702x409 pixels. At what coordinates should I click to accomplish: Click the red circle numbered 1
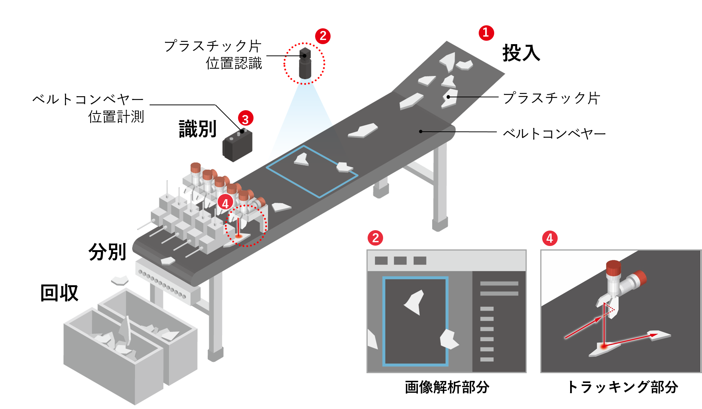click(486, 33)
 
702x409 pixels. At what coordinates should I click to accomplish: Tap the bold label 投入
click(521, 53)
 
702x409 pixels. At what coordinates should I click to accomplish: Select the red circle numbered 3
click(246, 118)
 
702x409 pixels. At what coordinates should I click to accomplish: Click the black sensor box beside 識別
click(237, 146)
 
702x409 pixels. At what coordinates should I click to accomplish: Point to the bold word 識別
click(198, 129)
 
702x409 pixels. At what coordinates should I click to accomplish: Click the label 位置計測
click(116, 117)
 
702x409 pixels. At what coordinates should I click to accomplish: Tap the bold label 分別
click(107, 252)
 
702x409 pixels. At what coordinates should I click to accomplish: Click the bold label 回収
click(59, 293)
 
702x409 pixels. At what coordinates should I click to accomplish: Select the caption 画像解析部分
click(447, 387)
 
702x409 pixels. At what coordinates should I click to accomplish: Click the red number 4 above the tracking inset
click(550, 238)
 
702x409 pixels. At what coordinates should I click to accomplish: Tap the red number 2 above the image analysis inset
click(375, 238)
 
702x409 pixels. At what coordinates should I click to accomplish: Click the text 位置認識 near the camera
click(234, 63)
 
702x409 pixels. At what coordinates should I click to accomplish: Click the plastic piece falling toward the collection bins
click(120, 281)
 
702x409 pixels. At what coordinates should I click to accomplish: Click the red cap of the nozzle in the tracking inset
click(613, 268)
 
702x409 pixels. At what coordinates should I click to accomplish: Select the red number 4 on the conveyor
click(225, 203)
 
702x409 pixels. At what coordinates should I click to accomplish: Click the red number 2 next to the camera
click(323, 36)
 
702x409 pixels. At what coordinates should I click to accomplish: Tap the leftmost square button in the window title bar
click(381, 261)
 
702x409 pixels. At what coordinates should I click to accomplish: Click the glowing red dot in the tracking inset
click(604, 346)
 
